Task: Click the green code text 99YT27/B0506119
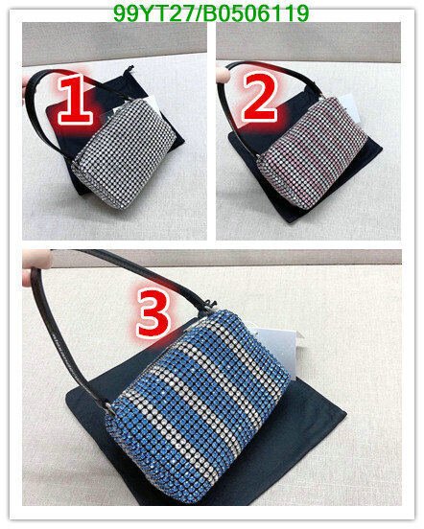click(x=211, y=13)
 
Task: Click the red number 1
click(x=75, y=100)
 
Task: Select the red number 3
click(x=153, y=313)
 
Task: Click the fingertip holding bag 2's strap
click(x=222, y=74)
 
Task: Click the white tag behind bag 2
click(x=350, y=108)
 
